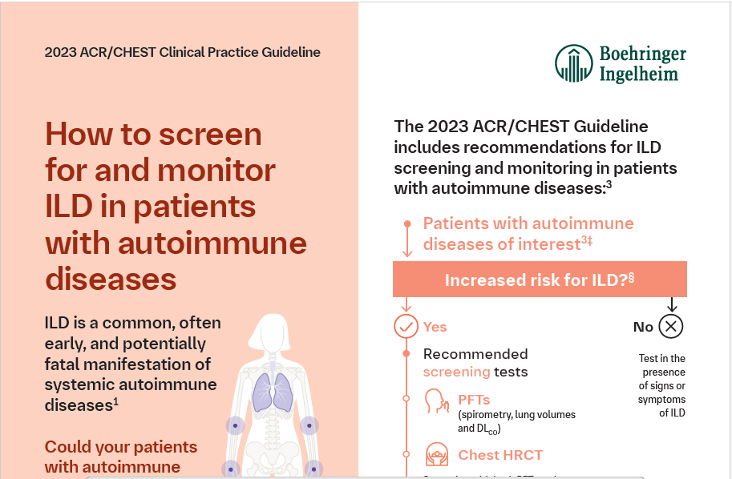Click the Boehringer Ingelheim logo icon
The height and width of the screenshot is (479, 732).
coord(573,64)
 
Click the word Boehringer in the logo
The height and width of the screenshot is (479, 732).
coord(642,54)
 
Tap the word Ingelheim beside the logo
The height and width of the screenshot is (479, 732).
coord(638,74)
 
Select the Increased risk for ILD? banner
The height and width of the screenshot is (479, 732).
coord(540,280)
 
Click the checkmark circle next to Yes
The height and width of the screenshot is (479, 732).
coord(406,327)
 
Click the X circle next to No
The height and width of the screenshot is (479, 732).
coord(671,326)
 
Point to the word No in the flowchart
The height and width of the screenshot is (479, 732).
coord(643,327)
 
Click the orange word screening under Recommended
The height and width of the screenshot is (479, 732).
coord(456,372)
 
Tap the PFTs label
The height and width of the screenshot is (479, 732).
coord(474,400)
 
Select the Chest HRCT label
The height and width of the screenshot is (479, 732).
coord(500,455)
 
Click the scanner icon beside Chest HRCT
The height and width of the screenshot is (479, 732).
coord(436,454)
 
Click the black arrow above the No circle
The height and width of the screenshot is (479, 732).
coord(672,304)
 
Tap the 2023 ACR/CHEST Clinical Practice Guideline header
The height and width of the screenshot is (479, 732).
coord(182,52)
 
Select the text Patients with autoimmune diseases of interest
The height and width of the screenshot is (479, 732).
coord(528,233)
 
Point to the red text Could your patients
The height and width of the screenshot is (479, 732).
coord(120,446)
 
